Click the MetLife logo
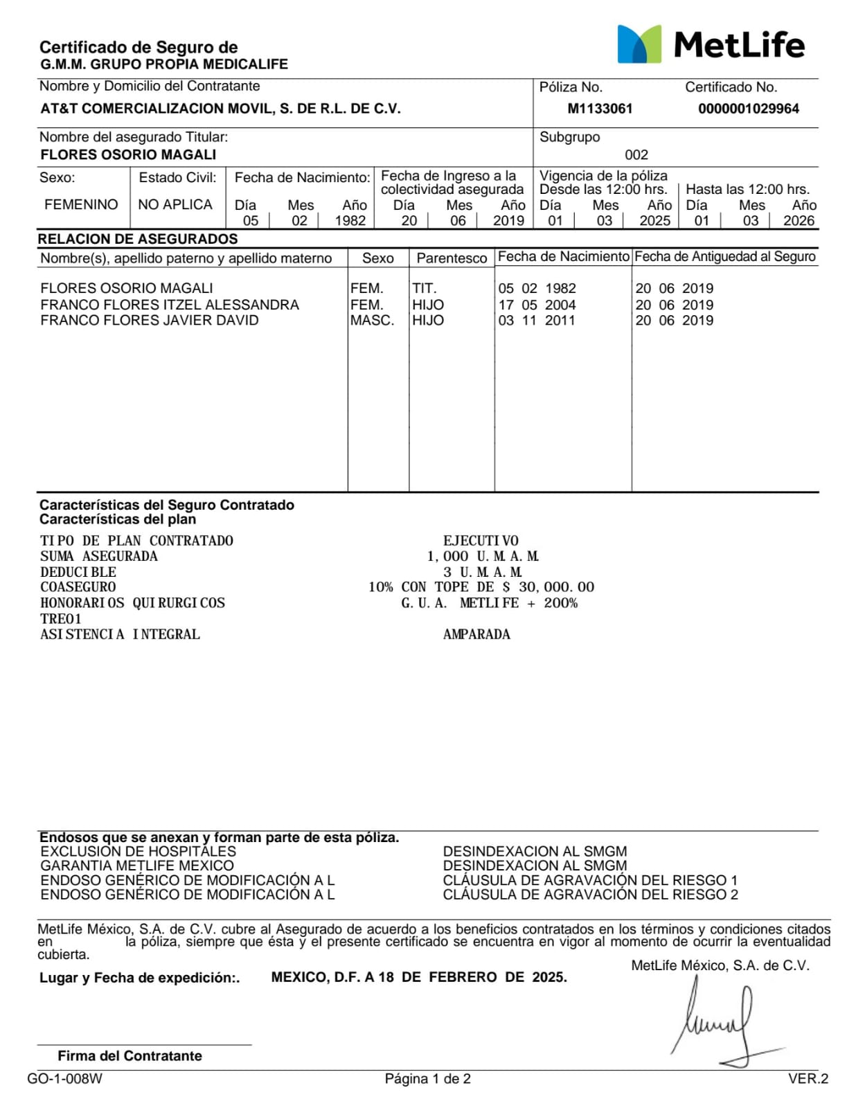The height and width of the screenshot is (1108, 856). (711, 45)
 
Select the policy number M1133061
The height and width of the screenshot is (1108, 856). (600, 109)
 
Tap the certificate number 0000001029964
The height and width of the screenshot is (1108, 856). (748, 109)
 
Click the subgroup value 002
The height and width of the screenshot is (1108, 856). (636, 154)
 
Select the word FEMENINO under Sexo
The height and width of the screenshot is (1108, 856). (81, 204)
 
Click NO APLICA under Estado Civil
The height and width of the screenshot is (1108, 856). (175, 204)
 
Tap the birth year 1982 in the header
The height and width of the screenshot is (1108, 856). (350, 220)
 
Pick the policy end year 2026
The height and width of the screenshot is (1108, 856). (799, 220)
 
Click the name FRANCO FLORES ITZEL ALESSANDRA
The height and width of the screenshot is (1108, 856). (170, 305)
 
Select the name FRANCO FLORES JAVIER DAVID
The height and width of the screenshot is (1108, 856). (150, 320)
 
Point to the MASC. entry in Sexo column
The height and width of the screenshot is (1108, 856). (372, 320)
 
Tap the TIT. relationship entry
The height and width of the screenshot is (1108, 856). (425, 288)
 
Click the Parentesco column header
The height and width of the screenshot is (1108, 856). (452, 258)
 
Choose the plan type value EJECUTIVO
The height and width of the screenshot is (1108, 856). (481, 540)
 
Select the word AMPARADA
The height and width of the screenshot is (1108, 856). (476, 634)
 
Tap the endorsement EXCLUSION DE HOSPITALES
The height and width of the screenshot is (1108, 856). (138, 851)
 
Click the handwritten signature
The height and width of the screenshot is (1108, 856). (720, 1021)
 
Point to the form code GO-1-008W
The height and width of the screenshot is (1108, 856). (64, 1078)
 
